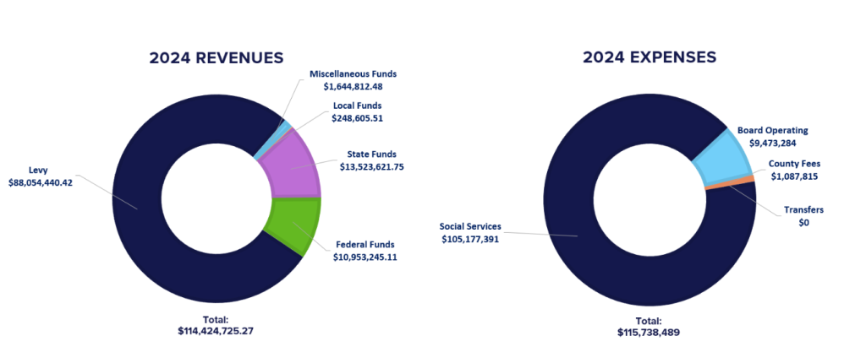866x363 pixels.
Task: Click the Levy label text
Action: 37,170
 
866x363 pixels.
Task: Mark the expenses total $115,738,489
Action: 649,333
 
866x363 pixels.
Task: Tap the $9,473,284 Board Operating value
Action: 772,143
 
